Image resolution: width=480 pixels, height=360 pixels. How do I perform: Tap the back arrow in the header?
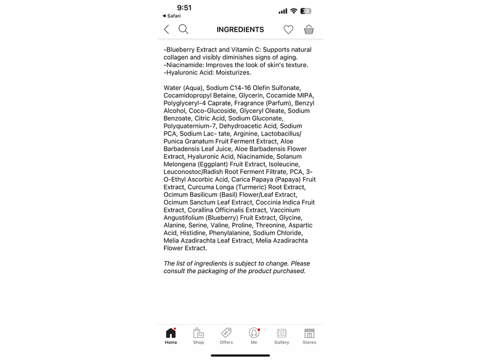(x=167, y=29)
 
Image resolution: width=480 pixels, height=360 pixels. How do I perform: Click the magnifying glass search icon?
(x=184, y=29)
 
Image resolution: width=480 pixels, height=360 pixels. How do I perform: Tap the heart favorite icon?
(x=289, y=29)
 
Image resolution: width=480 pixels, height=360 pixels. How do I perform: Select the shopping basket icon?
(x=309, y=29)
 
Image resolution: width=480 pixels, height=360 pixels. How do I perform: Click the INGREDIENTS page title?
(x=240, y=29)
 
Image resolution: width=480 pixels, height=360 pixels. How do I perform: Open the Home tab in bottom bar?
(x=171, y=335)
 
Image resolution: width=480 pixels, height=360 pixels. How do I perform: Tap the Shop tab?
(x=199, y=335)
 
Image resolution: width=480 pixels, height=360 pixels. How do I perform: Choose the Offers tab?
(x=226, y=335)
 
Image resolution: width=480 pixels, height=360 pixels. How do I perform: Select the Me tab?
(x=254, y=335)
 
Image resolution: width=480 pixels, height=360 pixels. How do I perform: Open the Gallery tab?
(x=281, y=335)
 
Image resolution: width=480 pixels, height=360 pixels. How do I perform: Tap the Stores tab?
(x=309, y=335)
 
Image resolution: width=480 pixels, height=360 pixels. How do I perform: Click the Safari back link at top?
(x=172, y=16)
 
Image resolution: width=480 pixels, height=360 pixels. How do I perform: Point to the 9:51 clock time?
(x=184, y=8)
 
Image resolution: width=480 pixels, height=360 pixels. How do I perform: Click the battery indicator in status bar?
(x=307, y=11)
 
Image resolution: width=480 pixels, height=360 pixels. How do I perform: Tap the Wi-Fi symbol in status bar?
(x=293, y=11)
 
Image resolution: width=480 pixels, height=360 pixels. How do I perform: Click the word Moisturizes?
(x=233, y=73)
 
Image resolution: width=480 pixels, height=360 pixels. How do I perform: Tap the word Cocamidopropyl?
(x=188, y=95)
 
